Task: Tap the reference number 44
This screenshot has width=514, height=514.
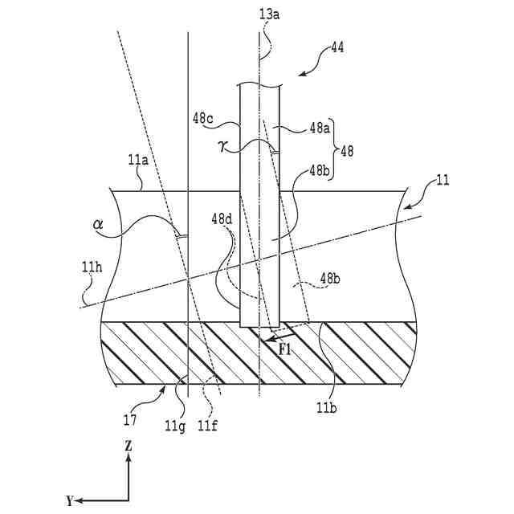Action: click(x=337, y=47)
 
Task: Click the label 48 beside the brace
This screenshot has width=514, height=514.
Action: click(x=348, y=149)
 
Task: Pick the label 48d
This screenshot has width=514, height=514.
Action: click(x=222, y=218)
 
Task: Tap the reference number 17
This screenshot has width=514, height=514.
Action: click(x=130, y=419)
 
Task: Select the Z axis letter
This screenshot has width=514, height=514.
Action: click(x=128, y=443)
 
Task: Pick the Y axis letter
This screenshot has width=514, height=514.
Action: click(x=70, y=500)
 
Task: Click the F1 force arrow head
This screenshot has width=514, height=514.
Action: click(x=259, y=339)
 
